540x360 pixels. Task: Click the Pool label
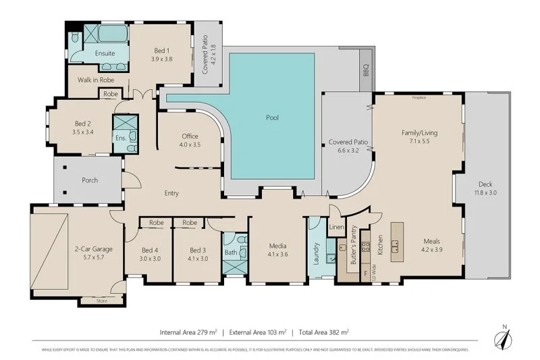[272, 118]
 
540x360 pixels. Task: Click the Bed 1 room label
[162, 50]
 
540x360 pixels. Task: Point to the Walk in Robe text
[94, 80]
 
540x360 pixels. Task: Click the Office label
[190, 136]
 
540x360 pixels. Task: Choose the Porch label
[90, 180]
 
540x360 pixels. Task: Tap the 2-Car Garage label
[93, 249]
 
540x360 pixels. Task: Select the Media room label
[278, 247]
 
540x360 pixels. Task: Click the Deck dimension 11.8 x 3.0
[486, 192]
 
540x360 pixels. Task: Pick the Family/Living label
[419, 133]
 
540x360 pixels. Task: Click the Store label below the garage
[102, 301]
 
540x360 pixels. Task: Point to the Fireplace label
[419, 97]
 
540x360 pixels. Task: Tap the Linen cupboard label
[337, 227]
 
